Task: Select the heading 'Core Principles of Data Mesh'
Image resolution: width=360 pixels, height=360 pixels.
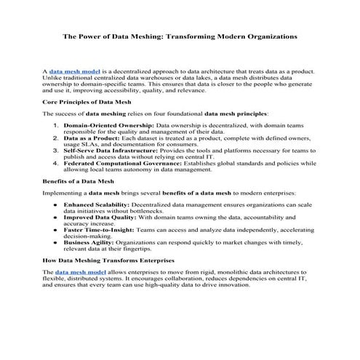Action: (x=81, y=103)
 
